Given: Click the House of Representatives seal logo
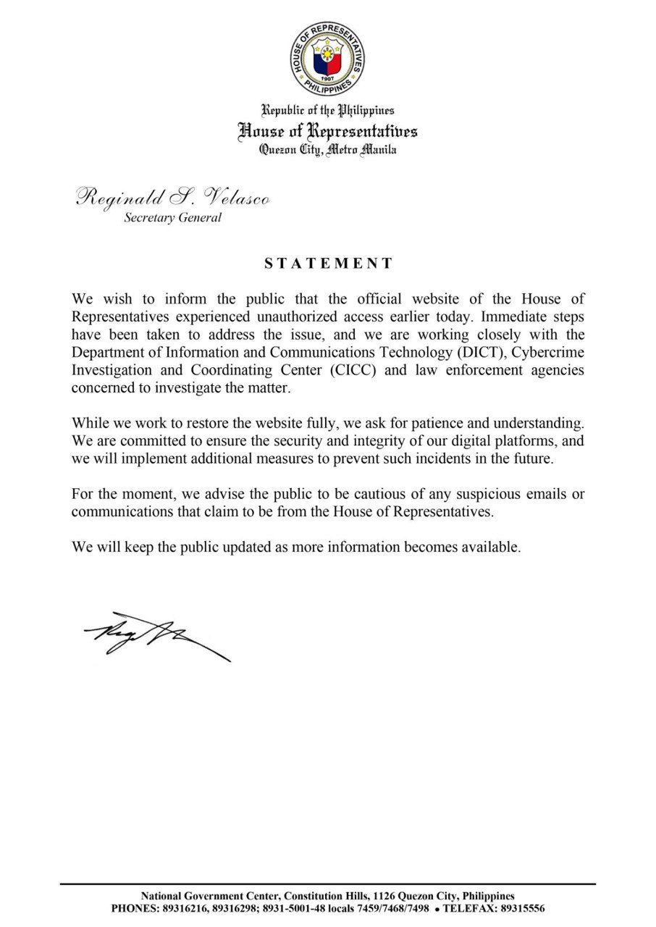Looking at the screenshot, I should [x=328, y=56].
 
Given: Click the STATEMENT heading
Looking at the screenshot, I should [x=328, y=264].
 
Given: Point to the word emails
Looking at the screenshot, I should [x=550, y=495].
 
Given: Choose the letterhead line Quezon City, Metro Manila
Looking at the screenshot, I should [x=328, y=150].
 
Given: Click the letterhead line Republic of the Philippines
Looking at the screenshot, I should [x=328, y=110].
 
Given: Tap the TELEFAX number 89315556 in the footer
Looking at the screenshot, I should [x=521, y=907].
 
